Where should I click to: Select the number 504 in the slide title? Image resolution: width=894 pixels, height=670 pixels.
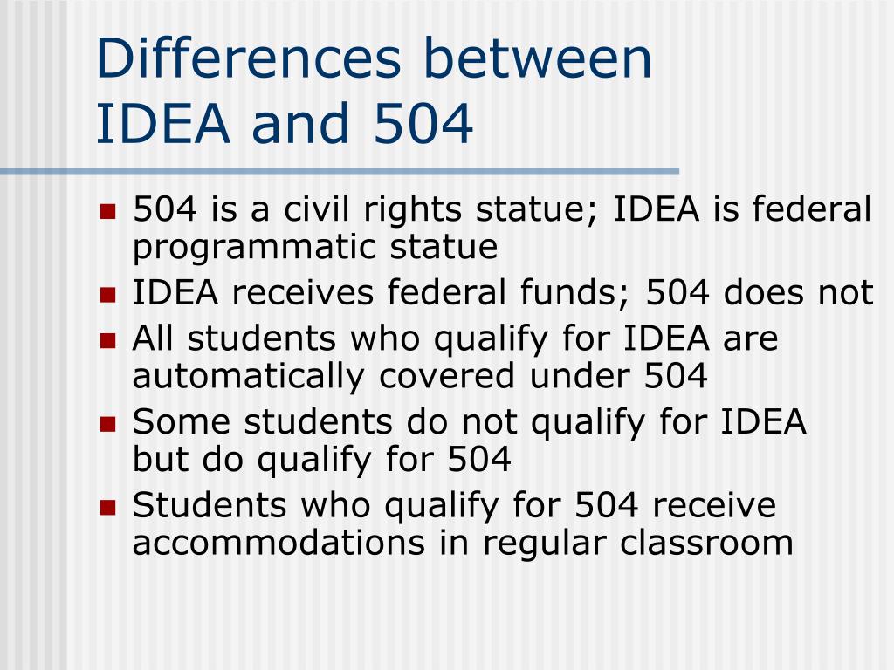[423, 124]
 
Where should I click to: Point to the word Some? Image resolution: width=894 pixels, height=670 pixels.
[181, 422]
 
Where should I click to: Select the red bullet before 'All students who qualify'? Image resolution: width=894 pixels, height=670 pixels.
[108, 339]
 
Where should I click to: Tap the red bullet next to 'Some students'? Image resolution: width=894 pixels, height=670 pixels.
[108, 424]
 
